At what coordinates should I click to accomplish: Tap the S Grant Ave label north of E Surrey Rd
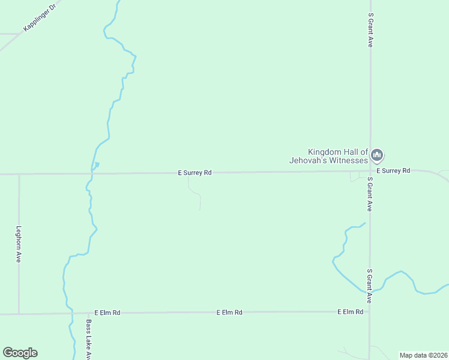pyautogui.click(x=372, y=31)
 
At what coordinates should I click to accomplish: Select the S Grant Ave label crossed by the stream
pyautogui.click(x=370, y=286)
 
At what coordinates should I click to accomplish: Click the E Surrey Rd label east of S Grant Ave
pyautogui.click(x=397, y=171)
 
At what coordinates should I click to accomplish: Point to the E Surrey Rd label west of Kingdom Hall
pyautogui.click(x=194, y=173)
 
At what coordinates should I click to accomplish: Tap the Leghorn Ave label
pyautogui.click(x=19, y=244)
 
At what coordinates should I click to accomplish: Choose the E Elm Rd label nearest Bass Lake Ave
pyautogui.click(x=107, y=313)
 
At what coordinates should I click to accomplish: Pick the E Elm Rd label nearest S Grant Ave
pyautogui.click(x=350, y=312)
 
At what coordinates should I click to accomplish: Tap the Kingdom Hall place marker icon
pyautogui.click(x=377, y=156)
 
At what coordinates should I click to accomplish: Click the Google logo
pyautogui.click(x=20, y=353)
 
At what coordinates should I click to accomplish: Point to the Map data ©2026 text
pyautogui.click(x=424, y=355)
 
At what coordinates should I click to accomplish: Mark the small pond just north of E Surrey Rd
pyautogui.click(x=96, y=164)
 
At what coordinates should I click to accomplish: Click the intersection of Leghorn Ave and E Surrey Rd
pyautogui.click(x=19, y=174)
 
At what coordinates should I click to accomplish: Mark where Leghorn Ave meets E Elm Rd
pyautogui.click(x=19, y=313)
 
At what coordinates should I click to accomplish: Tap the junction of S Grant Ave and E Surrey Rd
pyautogui.click(x=370, y=172)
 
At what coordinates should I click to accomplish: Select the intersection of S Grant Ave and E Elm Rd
pyautogui.click(x=369, y=311)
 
